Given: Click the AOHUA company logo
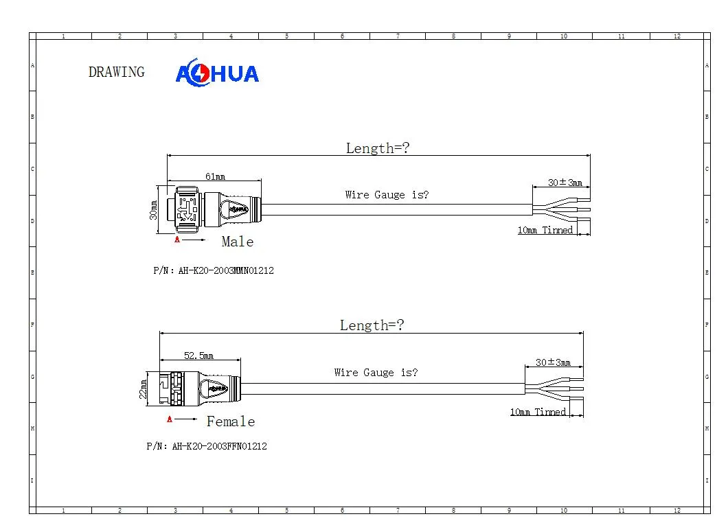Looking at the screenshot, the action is [x=217, y=73].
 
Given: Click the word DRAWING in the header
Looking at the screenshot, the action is [x=117, y=72].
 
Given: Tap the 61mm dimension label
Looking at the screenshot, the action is [x=216, y=176].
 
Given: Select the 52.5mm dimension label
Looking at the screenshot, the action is [x=198, y=356].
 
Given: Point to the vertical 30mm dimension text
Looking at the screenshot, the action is [x=154, y=210].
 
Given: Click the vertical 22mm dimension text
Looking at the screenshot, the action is [x=144, y=389].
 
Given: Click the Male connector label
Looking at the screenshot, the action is [x=238, y=242].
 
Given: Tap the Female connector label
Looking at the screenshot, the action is [x=231, y=421].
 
